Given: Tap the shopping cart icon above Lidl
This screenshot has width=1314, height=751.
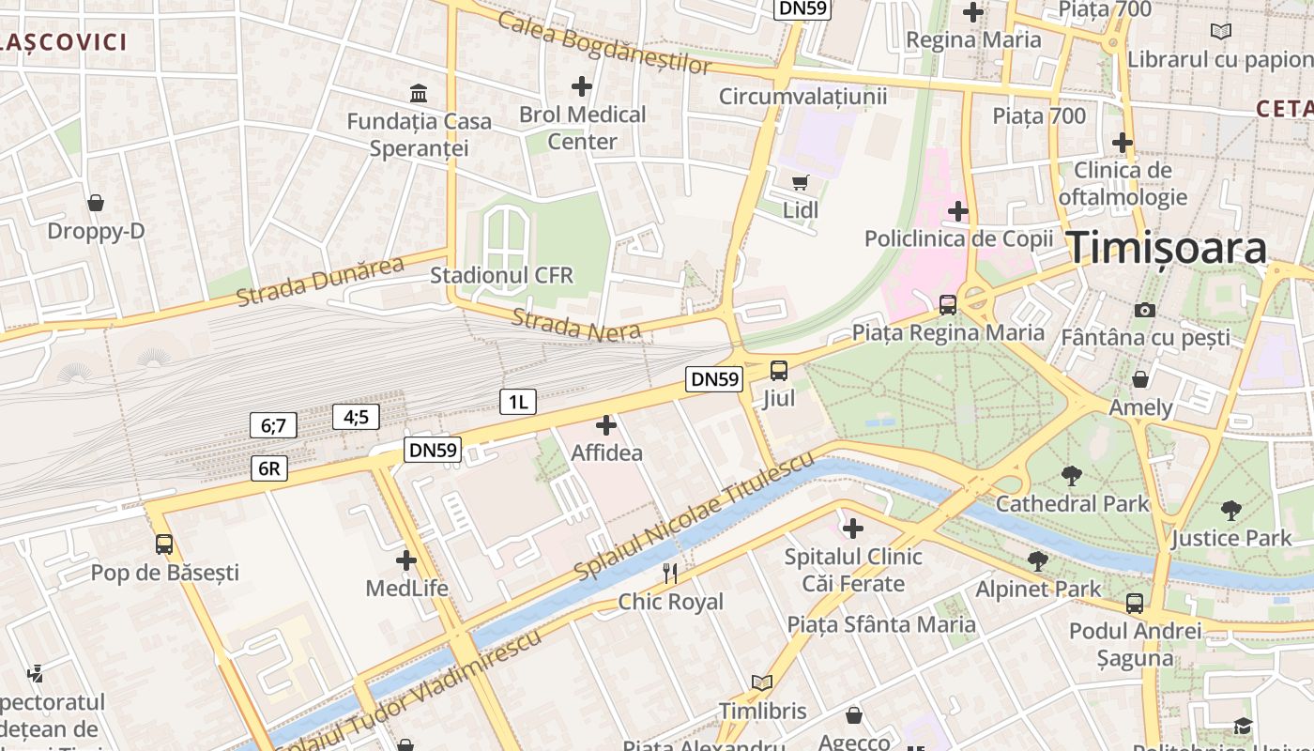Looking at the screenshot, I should [800, 182].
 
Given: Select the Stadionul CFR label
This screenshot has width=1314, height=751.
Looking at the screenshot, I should [501, 276].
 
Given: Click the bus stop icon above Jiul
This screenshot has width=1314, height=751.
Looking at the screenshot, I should [779, 370].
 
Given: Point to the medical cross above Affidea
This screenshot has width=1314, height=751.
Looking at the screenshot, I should [606, 425].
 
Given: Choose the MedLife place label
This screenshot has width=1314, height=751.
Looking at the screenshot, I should [406, 589].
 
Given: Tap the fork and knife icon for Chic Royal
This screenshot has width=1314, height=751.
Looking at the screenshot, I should [670, 573].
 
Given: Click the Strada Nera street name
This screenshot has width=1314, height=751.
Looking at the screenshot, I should [576, 324].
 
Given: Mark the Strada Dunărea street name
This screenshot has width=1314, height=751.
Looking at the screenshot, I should [320, 281].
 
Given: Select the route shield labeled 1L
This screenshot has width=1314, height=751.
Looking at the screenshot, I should [517, 403].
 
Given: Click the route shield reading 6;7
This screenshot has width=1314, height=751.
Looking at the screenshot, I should [273, 425].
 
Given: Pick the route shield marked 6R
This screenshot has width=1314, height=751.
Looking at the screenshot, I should [268, 468].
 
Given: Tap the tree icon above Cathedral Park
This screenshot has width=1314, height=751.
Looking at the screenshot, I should [1071, 475].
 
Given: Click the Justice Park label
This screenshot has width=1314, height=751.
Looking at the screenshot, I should [1230, 538].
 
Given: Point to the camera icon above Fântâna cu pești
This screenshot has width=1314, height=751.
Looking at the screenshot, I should [1145, 309].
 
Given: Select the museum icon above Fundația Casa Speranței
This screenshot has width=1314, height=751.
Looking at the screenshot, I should [419, 94].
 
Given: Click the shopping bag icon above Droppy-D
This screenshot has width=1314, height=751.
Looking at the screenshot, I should [96, 203].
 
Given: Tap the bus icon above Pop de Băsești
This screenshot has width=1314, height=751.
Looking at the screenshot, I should [164, 544].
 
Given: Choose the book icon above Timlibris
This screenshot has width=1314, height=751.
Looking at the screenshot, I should [762, 682].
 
